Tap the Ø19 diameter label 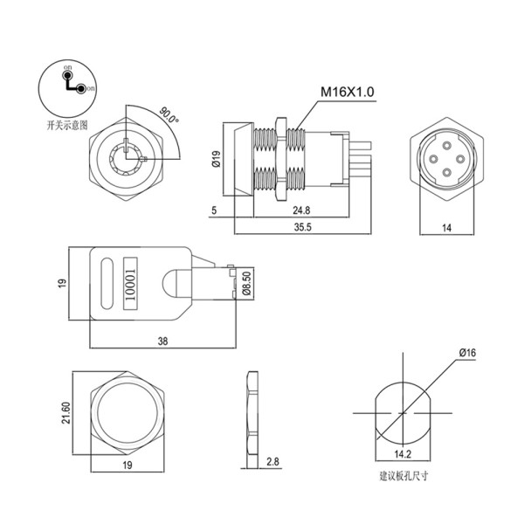click(x=216, y=159)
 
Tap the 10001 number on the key click(x=132, y=282)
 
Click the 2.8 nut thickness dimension click(x=272, y=461)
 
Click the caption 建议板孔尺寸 click(x=403, y=477)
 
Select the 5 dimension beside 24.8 click(x=213, y=211)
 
